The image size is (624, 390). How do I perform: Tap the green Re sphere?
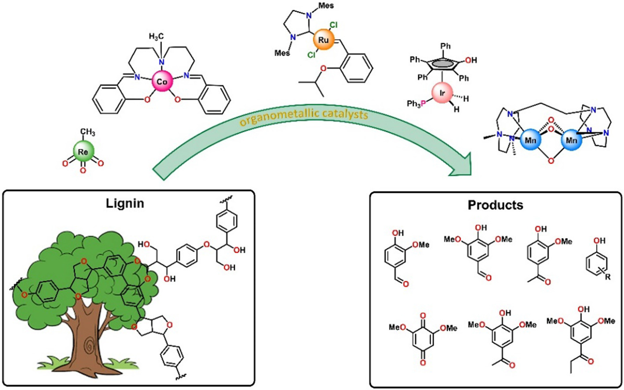pyautogui.click(x=83, y=152)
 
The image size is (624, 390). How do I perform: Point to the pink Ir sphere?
pyautogui.click(x=442, y=94)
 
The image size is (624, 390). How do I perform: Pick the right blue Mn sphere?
pyautogui.click(x=571, y=140)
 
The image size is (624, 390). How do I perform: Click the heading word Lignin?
pyautogui.click(x=125, y=203)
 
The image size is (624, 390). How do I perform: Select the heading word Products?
pyautogui.click(x=496, y=205)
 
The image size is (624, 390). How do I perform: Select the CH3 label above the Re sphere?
pyautogui.click(x=87, y=132)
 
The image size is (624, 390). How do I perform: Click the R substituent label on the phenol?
pyautogui.click(x=608, y=277)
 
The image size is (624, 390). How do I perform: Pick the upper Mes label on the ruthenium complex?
pyautogui.click(x=326, y=6)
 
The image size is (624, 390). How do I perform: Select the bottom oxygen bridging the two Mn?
pyautogui.click(x=551, y=161)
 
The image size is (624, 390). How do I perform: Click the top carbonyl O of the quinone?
pyautogui.click(x=423, y=316)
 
